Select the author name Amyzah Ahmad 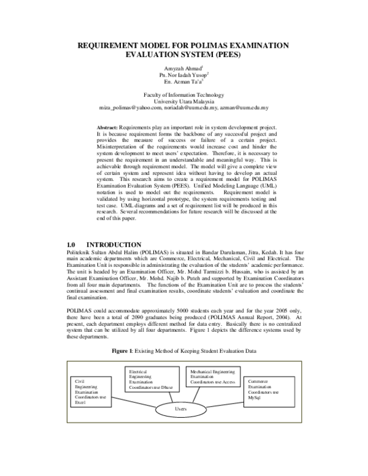(x=183, y=67)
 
